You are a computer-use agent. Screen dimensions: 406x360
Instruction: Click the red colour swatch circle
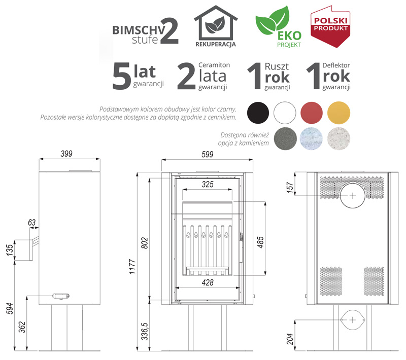[x=312, y=113]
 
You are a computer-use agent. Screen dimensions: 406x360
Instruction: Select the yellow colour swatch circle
[x=339, y=113]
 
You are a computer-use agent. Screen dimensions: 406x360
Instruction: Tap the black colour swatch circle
[x=258, y=113]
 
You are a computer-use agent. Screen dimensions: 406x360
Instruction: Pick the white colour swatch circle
[x=285, y=113]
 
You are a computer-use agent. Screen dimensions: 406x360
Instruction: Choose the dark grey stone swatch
[x=285, y=139]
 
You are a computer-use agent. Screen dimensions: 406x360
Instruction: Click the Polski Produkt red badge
[x=330, y=27]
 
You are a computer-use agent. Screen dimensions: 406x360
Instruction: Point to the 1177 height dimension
[x=132, y=266]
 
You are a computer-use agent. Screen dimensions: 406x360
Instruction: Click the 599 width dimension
[x=208, y=155]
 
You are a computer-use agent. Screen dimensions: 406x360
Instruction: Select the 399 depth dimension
[x=66, y=154]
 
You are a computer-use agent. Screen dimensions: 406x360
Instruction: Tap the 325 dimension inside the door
[x=208, y=184]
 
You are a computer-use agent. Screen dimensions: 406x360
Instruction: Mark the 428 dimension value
[x=208, y=282]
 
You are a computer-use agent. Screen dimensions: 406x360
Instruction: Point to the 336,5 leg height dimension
[x=145, y=331]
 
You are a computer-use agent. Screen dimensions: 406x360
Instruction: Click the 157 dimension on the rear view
[x=290, y=188]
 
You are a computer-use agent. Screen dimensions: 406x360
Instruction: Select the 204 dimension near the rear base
[x=290, y=339]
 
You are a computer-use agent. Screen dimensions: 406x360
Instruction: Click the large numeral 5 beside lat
[x=121, y=77]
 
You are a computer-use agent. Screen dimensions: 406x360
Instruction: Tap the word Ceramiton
[x=214, y=65]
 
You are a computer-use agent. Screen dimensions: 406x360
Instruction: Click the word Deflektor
[x=336, y=65]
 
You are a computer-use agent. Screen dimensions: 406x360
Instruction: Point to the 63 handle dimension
[x=32, y=223]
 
